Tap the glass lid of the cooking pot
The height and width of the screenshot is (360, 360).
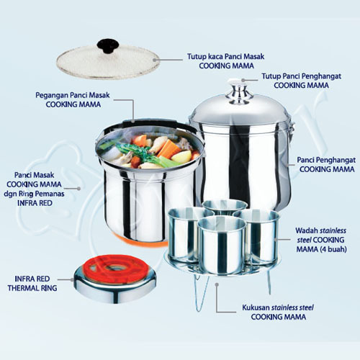pos(108,63)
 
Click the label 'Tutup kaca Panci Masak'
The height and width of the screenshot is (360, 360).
pos(225,57)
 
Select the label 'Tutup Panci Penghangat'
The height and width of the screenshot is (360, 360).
pos(302,76)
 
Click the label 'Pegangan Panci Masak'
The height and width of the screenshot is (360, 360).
pos(73,95)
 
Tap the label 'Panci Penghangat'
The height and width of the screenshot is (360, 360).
pos(326,160)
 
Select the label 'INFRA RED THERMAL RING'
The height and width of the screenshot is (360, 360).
pos(32,283)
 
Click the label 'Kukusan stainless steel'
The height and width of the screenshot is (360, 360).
pos(278,307)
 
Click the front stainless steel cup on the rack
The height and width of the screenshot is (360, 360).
pos(222,245)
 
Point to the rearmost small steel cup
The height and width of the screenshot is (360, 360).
pos(225,207)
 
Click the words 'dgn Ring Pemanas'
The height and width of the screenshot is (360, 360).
pos(34,194)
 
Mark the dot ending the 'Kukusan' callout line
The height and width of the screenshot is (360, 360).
pos(217,284)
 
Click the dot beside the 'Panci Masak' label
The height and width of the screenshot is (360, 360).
pos(78,189)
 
